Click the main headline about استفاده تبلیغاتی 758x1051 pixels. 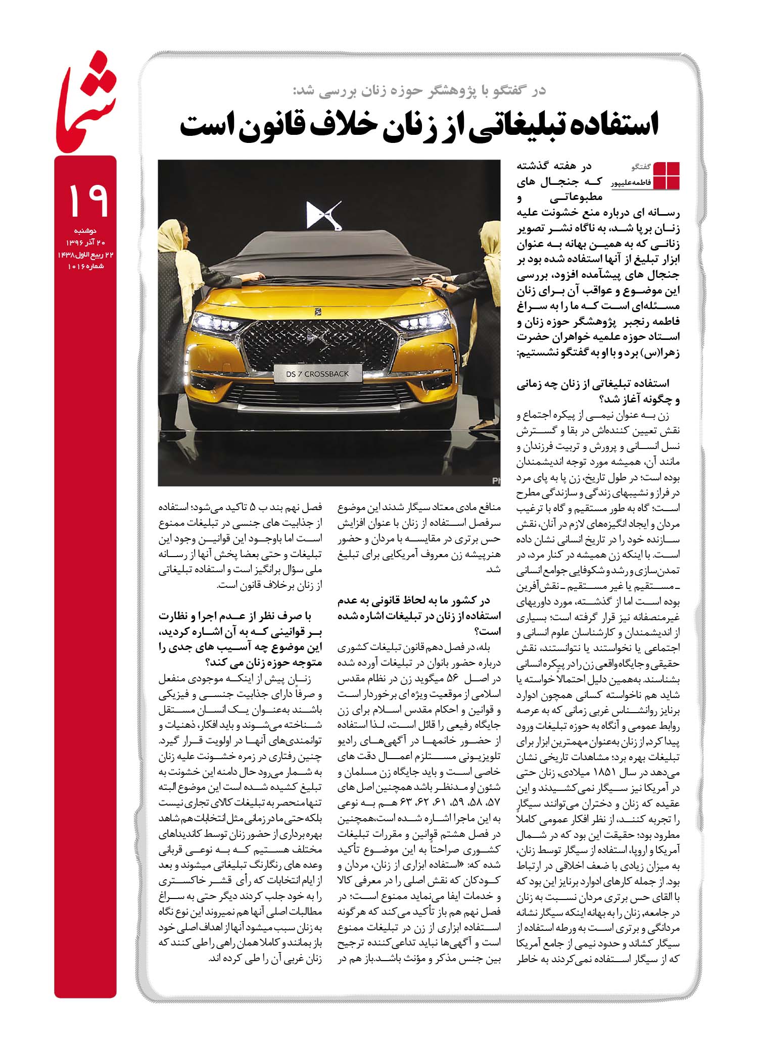pyautogui.click(x=419, y=126)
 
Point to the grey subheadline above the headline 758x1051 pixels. pyautogui.click(x=419, y=91)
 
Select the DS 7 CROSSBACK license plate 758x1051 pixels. pyautogui.click(x=318, y=374)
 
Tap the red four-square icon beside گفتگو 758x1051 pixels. pyautogui.click(x=667, y=175)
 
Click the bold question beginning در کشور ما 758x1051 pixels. pyautogui.click(x=419, y=616)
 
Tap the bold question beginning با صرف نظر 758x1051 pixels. pyautogui.click(x=241, y=639)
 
